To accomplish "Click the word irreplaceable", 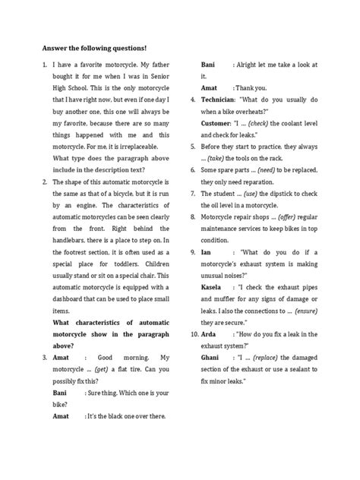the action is (122, 146).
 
